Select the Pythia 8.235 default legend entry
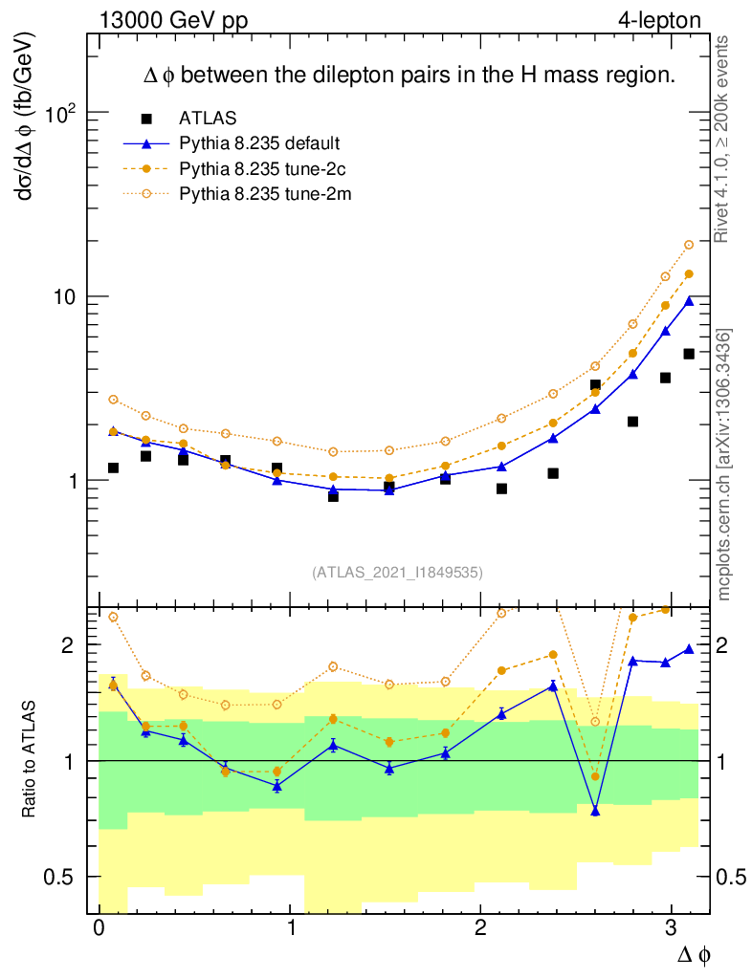259,143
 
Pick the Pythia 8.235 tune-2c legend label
258,169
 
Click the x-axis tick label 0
100,931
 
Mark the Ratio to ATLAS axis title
31,760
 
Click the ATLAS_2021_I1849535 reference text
397,573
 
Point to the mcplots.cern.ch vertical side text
724,465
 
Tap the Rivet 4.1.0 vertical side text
724,139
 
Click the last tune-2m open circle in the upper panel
689,245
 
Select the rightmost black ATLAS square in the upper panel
689,354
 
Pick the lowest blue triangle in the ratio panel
595,811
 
